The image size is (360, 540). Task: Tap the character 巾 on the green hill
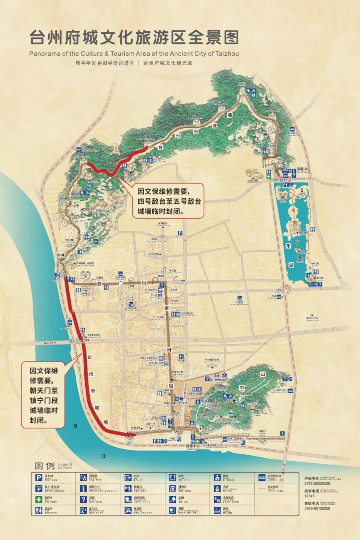click(242, 388)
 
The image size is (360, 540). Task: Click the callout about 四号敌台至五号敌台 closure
click(168, 200)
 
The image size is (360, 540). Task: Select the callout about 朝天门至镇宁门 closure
click(43, 394)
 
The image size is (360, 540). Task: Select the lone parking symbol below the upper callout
click(180, 232)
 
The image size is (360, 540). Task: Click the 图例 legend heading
click(45, 466)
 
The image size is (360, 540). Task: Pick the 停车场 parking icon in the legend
click(39, 478)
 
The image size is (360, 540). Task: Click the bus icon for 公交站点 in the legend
click(262, 478)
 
